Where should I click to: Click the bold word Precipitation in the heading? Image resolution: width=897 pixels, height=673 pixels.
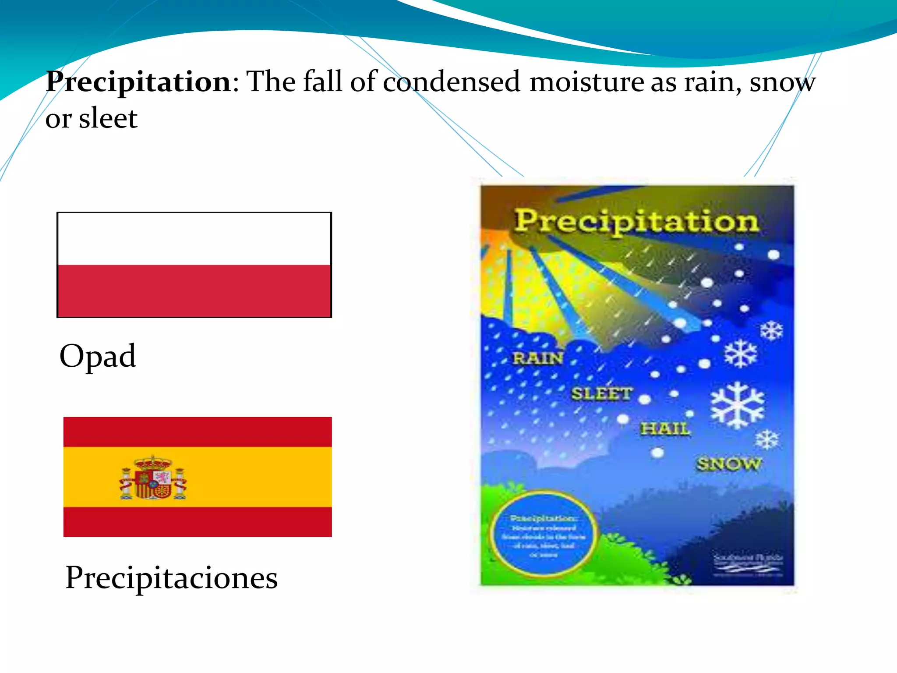[138, 82]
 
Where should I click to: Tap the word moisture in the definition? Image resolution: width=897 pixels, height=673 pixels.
[586, 82]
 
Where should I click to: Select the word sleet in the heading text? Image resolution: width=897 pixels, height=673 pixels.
[108, 118]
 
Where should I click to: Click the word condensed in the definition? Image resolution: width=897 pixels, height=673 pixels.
[451, 82]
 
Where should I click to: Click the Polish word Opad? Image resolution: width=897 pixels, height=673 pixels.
[98, 356]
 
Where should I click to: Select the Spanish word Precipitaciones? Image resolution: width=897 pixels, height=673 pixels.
[171, 577]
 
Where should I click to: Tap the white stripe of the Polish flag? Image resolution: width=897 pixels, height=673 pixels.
[194, 239]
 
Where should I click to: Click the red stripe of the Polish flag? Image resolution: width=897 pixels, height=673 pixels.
[194, 290]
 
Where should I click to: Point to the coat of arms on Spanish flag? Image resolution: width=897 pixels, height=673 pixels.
[153, 478]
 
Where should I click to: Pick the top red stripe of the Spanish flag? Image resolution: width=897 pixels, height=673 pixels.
[198, 432]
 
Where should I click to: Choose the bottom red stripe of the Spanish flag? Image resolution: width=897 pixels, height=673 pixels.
[198, 522]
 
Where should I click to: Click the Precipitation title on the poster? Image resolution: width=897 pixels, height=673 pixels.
[636, 221]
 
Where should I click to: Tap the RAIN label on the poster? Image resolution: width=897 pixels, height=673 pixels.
[538, 358]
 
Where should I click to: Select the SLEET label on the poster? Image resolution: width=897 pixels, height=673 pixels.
[601, 393]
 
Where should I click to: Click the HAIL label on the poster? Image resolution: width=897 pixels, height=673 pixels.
[665, 429]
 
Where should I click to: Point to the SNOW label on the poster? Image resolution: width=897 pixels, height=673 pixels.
[729, 464]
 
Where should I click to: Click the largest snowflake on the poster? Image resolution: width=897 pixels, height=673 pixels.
[737, 405]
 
